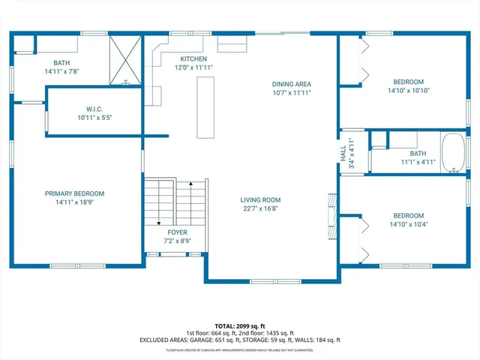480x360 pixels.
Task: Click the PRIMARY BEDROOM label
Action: pos(73,193)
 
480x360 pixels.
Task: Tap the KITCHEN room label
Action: pos(193,58)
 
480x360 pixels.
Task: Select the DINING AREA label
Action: pos(291,84)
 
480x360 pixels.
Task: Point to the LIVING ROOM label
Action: pos(260,199)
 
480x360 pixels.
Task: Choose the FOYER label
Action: pos(177,232)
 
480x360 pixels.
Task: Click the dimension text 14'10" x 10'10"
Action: pos(408,91)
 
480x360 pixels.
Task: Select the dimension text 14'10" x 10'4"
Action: pos(408,224)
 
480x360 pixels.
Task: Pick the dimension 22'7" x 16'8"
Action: pos(260,209)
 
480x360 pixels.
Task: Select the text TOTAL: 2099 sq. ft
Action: pos(239,325)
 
